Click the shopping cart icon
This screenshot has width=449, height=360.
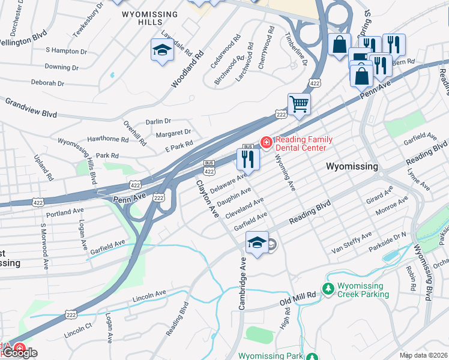click(x=299, y=103)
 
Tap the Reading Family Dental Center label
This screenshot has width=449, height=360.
click(x=301, y=143)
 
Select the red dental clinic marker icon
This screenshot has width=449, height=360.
click(x=265, y=142)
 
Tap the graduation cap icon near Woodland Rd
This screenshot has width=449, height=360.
click(x=162, y=51)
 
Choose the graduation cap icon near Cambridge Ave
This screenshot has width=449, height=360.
click(x=257, y=243)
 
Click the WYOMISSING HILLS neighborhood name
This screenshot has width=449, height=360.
click(x=149, y=18)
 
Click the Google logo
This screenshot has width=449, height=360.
click(x=19, y=353)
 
